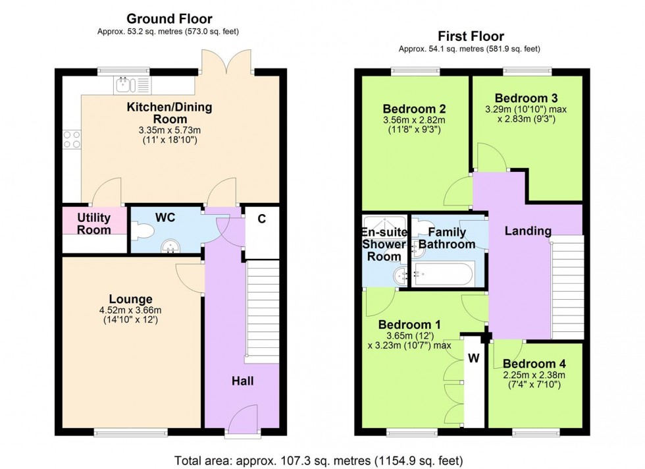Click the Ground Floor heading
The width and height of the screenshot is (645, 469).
coord(169,19)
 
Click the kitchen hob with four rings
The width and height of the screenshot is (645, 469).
coord(71,139)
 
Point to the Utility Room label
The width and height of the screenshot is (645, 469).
coord(93,223)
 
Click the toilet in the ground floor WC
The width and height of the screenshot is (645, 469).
coord(142,230)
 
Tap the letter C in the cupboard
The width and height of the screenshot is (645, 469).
coord(261,220)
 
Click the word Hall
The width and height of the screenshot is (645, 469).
coord(242,381)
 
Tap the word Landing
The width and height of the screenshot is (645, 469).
coord(528,231)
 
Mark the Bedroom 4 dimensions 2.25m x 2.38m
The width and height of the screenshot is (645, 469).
coord(534,375)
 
